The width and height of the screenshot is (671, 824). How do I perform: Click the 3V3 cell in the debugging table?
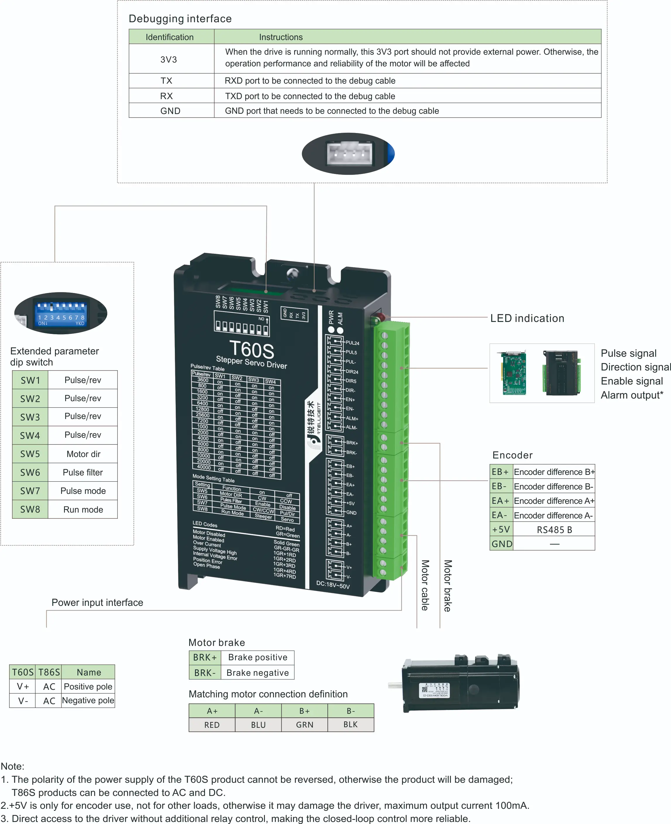point(168,60)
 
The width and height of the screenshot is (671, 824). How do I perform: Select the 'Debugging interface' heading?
point(180,18)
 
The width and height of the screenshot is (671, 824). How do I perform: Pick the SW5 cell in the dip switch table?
point(30,454)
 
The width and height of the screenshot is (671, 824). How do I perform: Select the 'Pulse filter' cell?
point(83,472)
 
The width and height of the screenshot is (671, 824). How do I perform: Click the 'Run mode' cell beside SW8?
point(83,509)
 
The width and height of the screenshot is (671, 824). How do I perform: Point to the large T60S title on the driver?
point(252,350)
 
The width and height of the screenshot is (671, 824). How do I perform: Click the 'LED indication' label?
point(527,318)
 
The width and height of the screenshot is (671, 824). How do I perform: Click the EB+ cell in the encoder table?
point(501,472)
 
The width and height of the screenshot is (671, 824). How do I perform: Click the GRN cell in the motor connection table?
point(305,725)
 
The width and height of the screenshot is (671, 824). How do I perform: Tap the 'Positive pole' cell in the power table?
point(88,686)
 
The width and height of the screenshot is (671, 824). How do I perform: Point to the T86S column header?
point(49,672)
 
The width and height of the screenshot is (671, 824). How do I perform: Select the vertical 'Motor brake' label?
point(448,585)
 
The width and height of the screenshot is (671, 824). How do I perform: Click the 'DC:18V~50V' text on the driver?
point(333,585)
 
